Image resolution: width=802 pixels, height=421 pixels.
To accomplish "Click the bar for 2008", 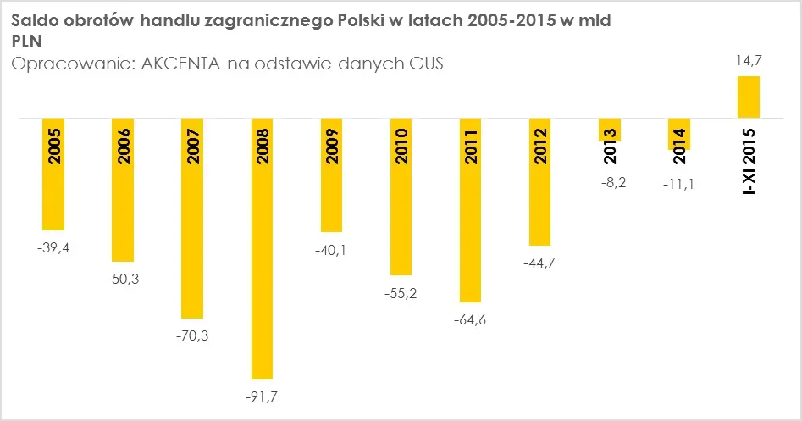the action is pos(262,248).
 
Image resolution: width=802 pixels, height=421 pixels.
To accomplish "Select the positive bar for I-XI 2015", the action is pos(749,97).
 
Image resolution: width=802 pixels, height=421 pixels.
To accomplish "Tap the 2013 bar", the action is pos(610,130).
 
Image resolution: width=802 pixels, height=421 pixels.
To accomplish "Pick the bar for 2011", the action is pos(471,210).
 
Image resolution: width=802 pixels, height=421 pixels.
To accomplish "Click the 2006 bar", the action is pos(123,190).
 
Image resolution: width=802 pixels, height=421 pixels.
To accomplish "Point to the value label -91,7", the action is pos(262,396).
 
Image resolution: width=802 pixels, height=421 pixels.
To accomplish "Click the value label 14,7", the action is pos(749,61).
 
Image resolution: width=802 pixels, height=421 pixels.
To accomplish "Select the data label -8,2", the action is pos(613,183).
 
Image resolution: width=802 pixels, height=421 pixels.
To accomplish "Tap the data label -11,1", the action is pos(678,184).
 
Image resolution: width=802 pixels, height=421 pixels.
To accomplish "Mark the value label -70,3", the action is pos(192,336).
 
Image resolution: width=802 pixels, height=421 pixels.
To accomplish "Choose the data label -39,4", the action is pos(53,248).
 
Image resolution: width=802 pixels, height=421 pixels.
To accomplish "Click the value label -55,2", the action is pos(401,294).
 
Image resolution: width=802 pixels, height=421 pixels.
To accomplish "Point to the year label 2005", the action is pos(53,147).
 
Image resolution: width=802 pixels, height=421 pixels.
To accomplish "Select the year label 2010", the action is pos(401,147).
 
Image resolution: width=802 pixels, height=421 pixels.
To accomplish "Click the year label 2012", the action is pos(540,147).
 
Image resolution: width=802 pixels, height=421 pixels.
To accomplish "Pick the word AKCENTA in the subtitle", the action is pos(180,64).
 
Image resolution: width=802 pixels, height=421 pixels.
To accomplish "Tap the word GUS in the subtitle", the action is pos(426,64).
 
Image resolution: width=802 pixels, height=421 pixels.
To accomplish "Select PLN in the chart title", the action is pos(26,42).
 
